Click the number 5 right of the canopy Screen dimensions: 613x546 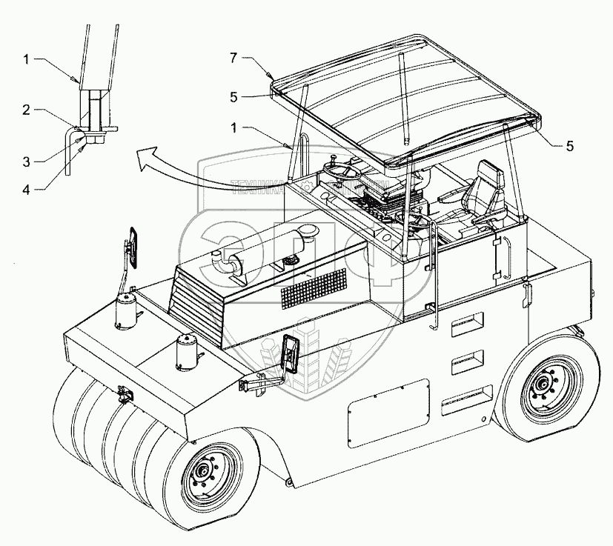coord(569,146)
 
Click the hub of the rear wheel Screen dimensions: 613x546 coord(543,383)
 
